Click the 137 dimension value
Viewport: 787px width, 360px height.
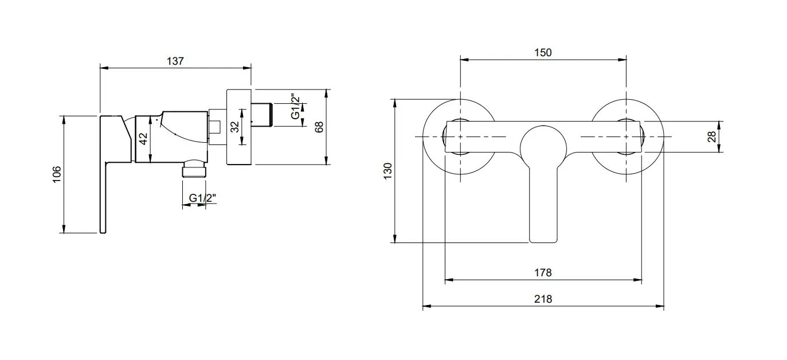click(x=175, y=61)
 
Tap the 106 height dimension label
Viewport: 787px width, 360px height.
click(x=57, y=174)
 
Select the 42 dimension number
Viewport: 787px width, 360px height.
click(x=143, y=138)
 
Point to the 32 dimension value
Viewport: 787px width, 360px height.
click(x=234, y=127)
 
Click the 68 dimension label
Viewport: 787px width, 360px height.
click(x=319, y=127)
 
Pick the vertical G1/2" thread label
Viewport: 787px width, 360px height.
click(x=295, y=107)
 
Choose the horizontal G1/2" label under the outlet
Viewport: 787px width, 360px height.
click(x=202, y=198)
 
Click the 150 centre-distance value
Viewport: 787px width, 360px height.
click(x=543, y=53)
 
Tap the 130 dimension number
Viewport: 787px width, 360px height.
click(x=387, y=171)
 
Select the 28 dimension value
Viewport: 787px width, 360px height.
click(x=711, y=136)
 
